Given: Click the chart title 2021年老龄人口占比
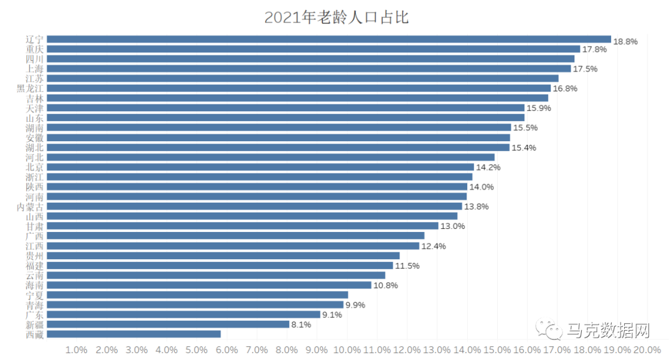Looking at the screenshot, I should coord(336,17).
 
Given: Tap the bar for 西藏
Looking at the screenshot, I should coord(134,334).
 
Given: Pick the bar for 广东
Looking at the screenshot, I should coord(184,315).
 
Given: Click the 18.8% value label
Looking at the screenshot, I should coord(625,41).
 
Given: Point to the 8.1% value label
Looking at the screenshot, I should coord(301,325).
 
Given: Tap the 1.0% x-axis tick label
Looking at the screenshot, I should coord(76,350).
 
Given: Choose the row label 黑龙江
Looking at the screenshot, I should coord(30,88).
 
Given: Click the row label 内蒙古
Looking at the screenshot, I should coord(30,206).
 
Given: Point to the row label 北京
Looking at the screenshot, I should coord(35,167).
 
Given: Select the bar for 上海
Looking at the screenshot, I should coord(309,68).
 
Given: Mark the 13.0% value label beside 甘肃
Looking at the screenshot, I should coord(453,226).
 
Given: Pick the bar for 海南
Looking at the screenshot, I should coord(209,285).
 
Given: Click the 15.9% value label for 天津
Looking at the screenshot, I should coord(539,108).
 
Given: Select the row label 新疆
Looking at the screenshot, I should coord(35,325).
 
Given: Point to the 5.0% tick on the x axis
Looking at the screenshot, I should coord(197,350).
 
